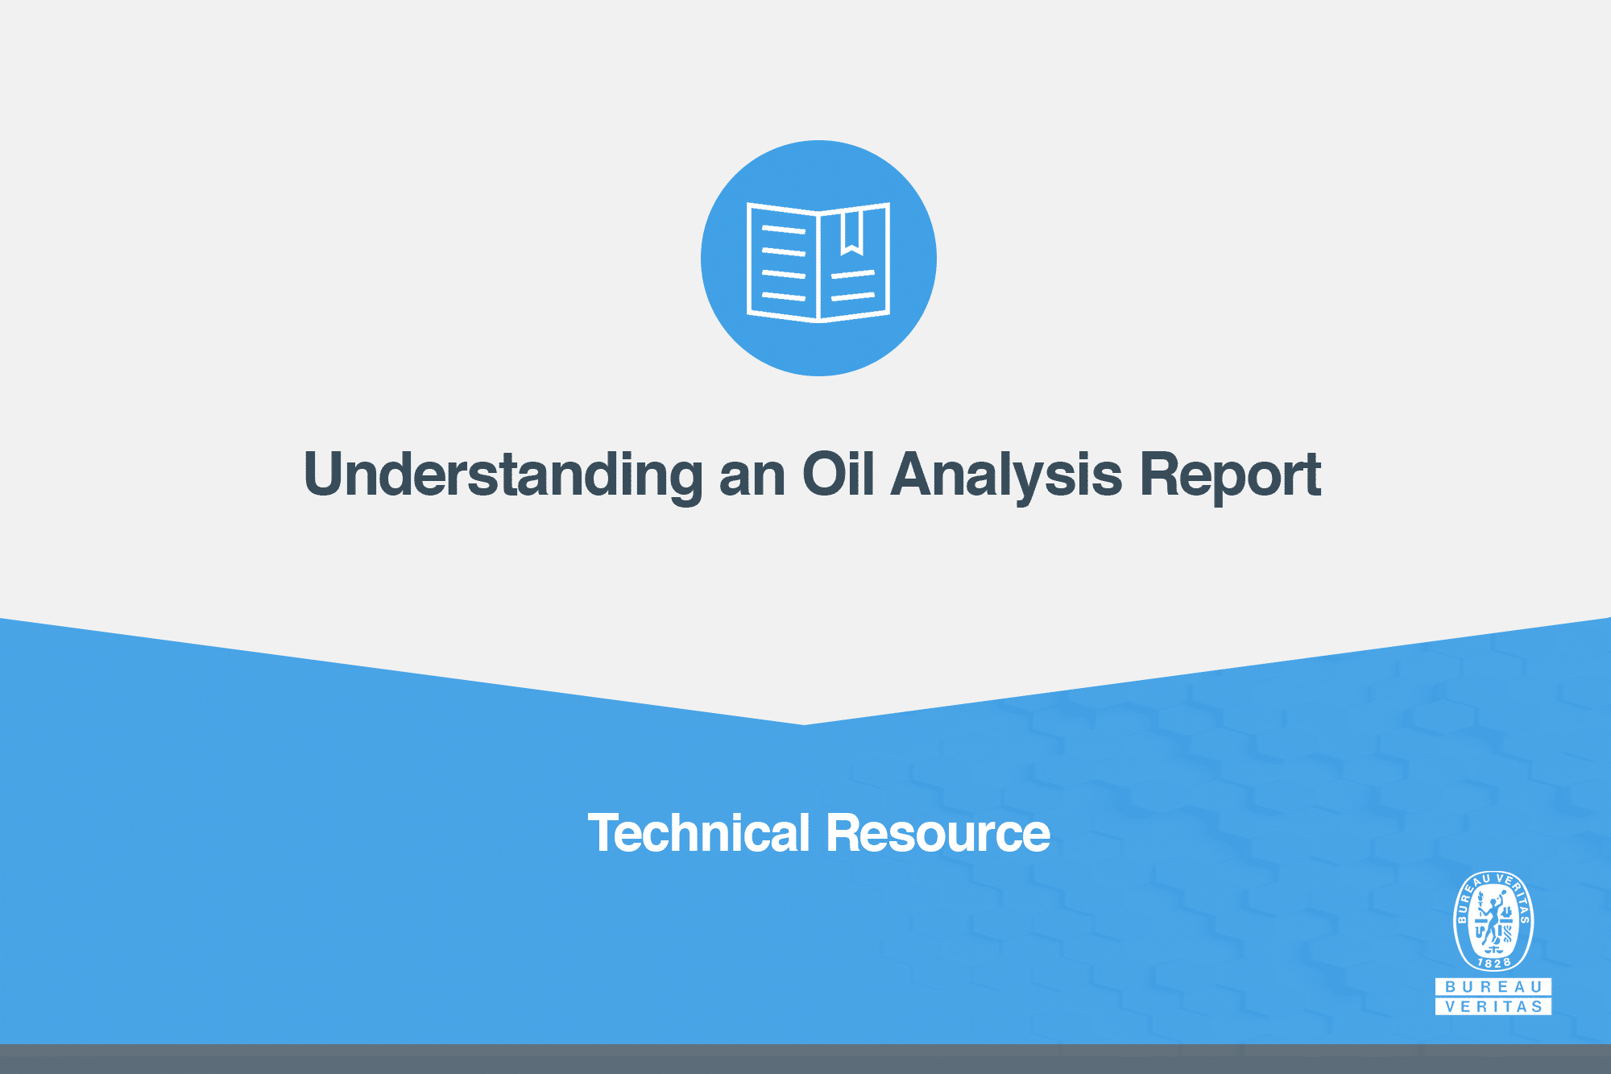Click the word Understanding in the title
tap(503, 475)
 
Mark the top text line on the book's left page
tap(783, 230)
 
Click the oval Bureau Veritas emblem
tap(1493, 921)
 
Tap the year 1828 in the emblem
tap(1494, 962)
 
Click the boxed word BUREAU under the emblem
tap(1493, 987)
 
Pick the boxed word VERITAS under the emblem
tap(1493, 1006)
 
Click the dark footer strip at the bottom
tap(805, 1059)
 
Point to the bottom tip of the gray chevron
tap(804, 722)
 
